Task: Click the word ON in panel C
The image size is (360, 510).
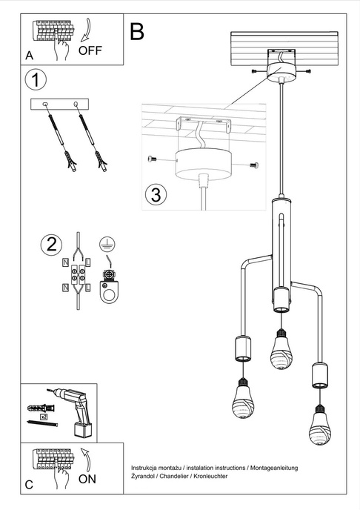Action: (87, 479)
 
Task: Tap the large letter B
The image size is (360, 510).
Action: (137, 30)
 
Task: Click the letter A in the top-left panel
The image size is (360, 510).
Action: (29, 56)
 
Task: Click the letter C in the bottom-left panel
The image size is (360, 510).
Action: (29, 485)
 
